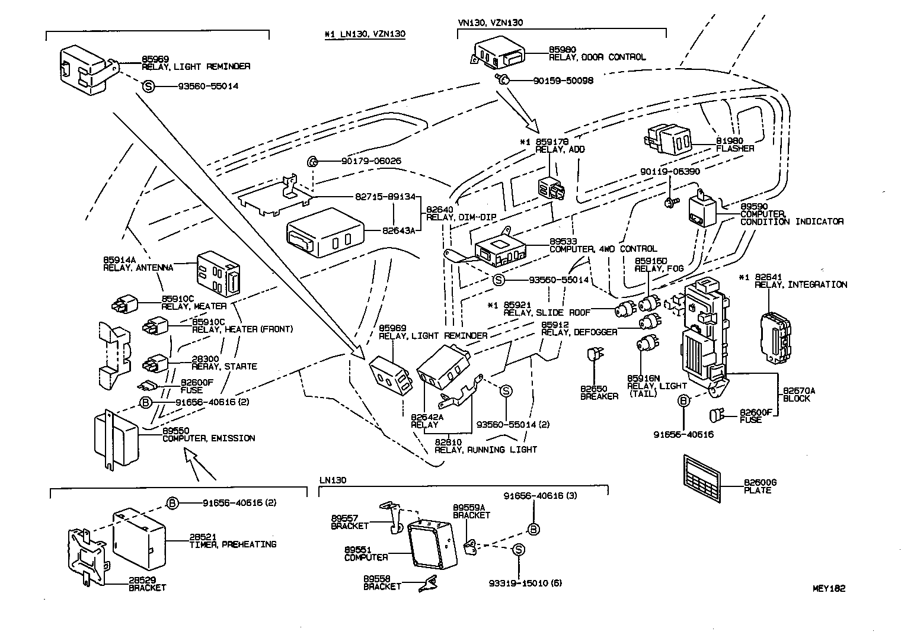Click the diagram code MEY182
pyautogui.click(x=829, y=588)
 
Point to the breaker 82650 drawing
pyautogui.click(x=593, y=355)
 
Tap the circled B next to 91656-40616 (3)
pyautogui.click(x=533, y=529)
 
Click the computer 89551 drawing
pyautogui.click(x=432, y=541)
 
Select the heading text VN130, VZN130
pyautogui.click(x=490, y=23)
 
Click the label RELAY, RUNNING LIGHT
pyautogui.click(x=485, y=450)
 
